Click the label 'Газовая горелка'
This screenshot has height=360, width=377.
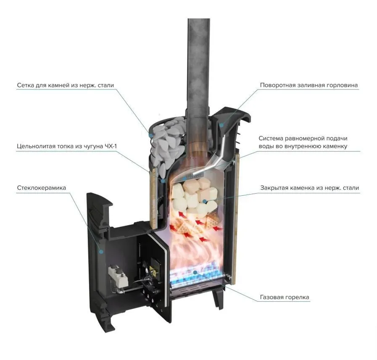285,297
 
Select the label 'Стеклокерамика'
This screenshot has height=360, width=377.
41,188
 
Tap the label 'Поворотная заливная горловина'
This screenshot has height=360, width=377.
309,85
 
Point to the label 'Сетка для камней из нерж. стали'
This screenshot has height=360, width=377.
66,85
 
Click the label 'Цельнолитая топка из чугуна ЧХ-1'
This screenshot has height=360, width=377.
67,146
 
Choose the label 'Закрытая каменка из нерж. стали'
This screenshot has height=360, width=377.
309,188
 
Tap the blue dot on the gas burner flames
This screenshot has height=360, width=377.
195,272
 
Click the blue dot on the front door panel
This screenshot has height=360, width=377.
101,252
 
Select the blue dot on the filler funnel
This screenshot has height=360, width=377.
221,125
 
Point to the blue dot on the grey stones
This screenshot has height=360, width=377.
151,136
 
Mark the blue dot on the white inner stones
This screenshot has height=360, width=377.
205,201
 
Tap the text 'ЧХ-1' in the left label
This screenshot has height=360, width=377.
111,146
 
